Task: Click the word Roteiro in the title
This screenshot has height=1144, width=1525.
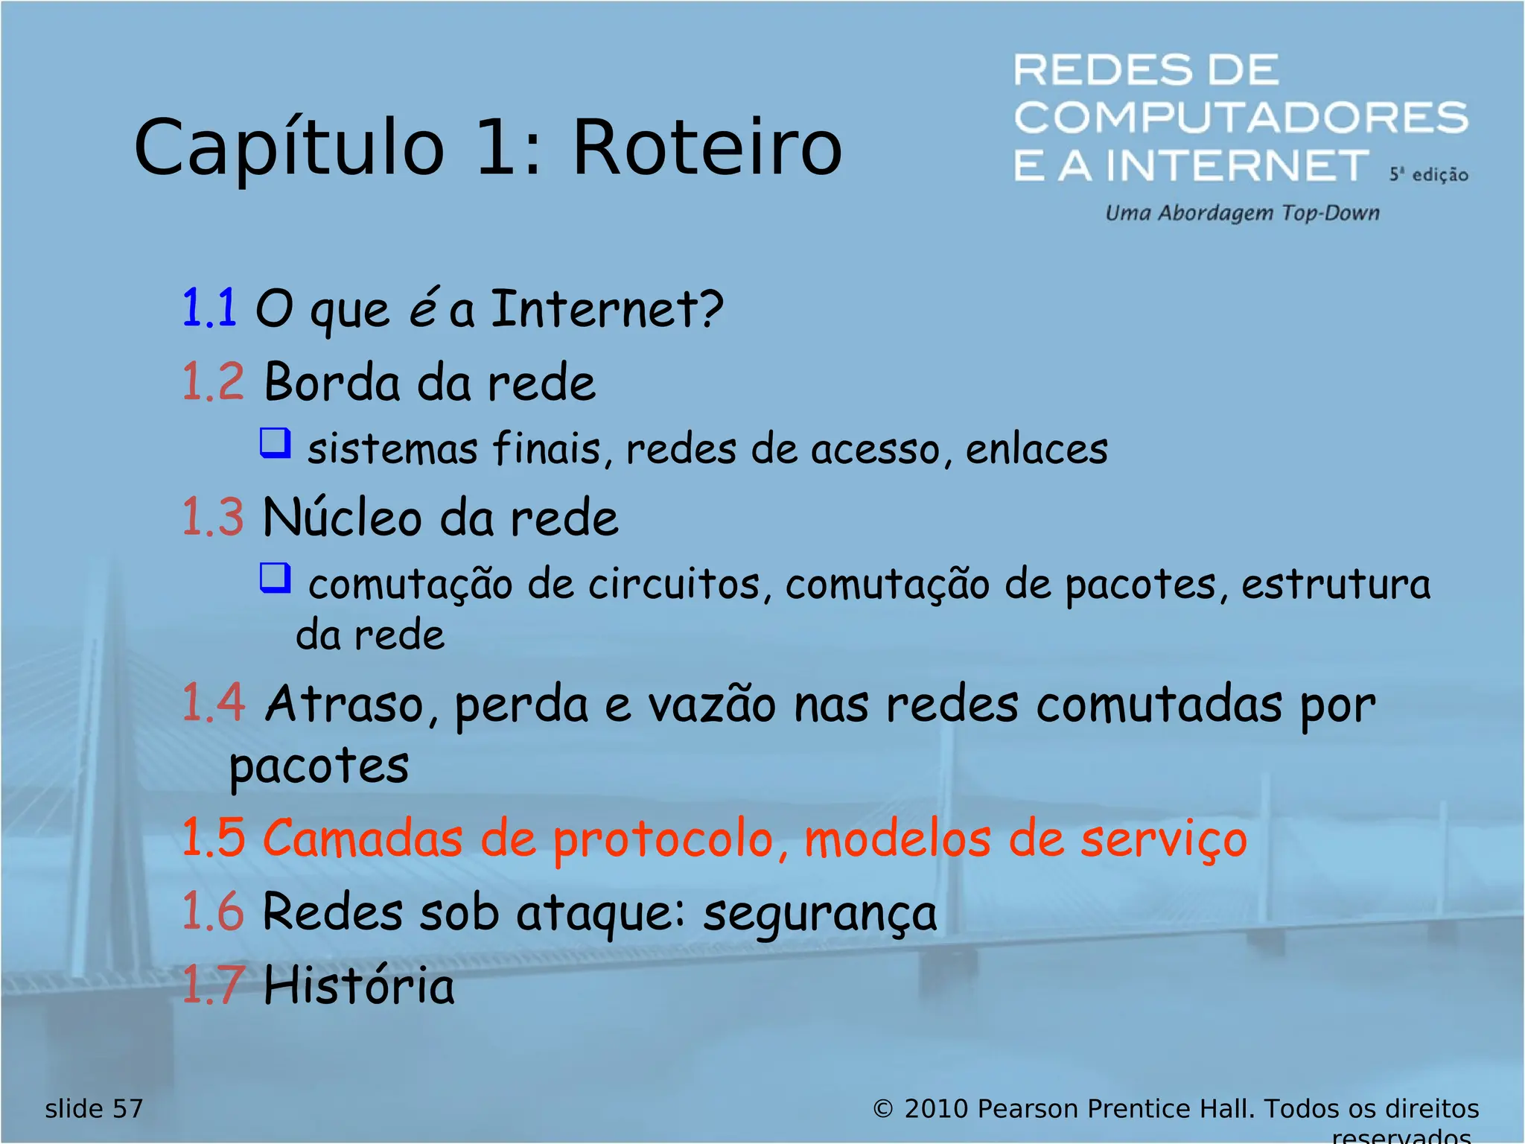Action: (707, 148)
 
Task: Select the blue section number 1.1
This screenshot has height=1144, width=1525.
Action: (209, 308)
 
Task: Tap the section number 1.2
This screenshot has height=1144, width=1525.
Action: (213, 382)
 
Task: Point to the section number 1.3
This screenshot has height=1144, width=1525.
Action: (213, 517)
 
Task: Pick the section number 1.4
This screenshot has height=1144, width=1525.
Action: (213, 702)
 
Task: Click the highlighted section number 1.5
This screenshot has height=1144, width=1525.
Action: (213, 838)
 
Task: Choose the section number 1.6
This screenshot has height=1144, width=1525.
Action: (213, 911)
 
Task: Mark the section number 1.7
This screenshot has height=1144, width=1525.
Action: (213, 985)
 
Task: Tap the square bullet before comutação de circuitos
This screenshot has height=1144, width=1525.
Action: (275, 577)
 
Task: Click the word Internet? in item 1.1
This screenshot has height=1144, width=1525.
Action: (607, 308)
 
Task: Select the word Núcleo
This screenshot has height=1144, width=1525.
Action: (343, 517)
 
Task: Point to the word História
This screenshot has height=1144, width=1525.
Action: (359, 985)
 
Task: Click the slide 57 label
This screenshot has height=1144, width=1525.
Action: (94, 1109)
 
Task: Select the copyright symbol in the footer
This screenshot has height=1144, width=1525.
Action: (882, 1109)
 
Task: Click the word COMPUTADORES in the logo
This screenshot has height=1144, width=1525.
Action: (1241, 118)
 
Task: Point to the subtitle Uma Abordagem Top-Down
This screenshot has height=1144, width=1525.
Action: (1242, 213)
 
